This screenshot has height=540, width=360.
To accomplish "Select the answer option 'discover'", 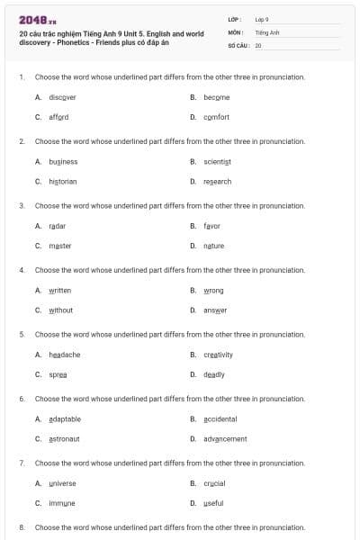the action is (x=62, y=96).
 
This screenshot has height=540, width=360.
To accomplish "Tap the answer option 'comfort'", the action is (x=216, y=117).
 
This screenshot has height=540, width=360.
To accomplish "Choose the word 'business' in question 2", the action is (x=63, y=161).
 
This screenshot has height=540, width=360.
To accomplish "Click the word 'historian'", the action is (x=62, y=181).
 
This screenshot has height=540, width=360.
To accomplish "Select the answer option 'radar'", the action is (x=57, y=226).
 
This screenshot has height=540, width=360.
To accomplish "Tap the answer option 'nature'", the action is (x=213, y=246).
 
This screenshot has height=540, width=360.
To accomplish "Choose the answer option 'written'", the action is (x=59, y=291).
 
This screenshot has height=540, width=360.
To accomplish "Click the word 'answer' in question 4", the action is (x=215, y=310).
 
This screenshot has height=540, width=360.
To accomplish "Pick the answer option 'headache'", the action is (x=64, y=355).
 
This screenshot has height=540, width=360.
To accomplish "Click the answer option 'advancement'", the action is (x=225, y=439).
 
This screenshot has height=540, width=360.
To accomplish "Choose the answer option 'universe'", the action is (x=62, y=483).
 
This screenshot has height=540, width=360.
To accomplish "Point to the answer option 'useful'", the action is (x=214, y=503).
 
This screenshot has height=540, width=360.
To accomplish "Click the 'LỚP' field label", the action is (x=235, y=19).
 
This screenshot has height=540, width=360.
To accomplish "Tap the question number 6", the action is (x=22, y=398).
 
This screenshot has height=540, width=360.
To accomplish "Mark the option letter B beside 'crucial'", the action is (x=193, y=483).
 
